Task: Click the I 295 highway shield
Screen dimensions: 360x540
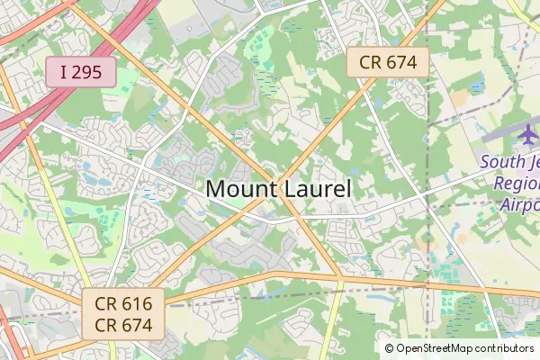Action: (82, 72)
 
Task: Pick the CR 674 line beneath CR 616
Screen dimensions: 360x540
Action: (123, 325)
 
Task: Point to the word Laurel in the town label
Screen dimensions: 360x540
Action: (316, 190)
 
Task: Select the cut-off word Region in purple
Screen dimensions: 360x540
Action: (517, 184)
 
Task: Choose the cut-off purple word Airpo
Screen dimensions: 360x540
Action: (519, 203)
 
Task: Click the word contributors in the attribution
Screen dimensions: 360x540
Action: (503, 347)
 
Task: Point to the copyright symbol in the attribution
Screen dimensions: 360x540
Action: (390, 347)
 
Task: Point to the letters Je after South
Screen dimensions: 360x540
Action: (532, 163)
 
